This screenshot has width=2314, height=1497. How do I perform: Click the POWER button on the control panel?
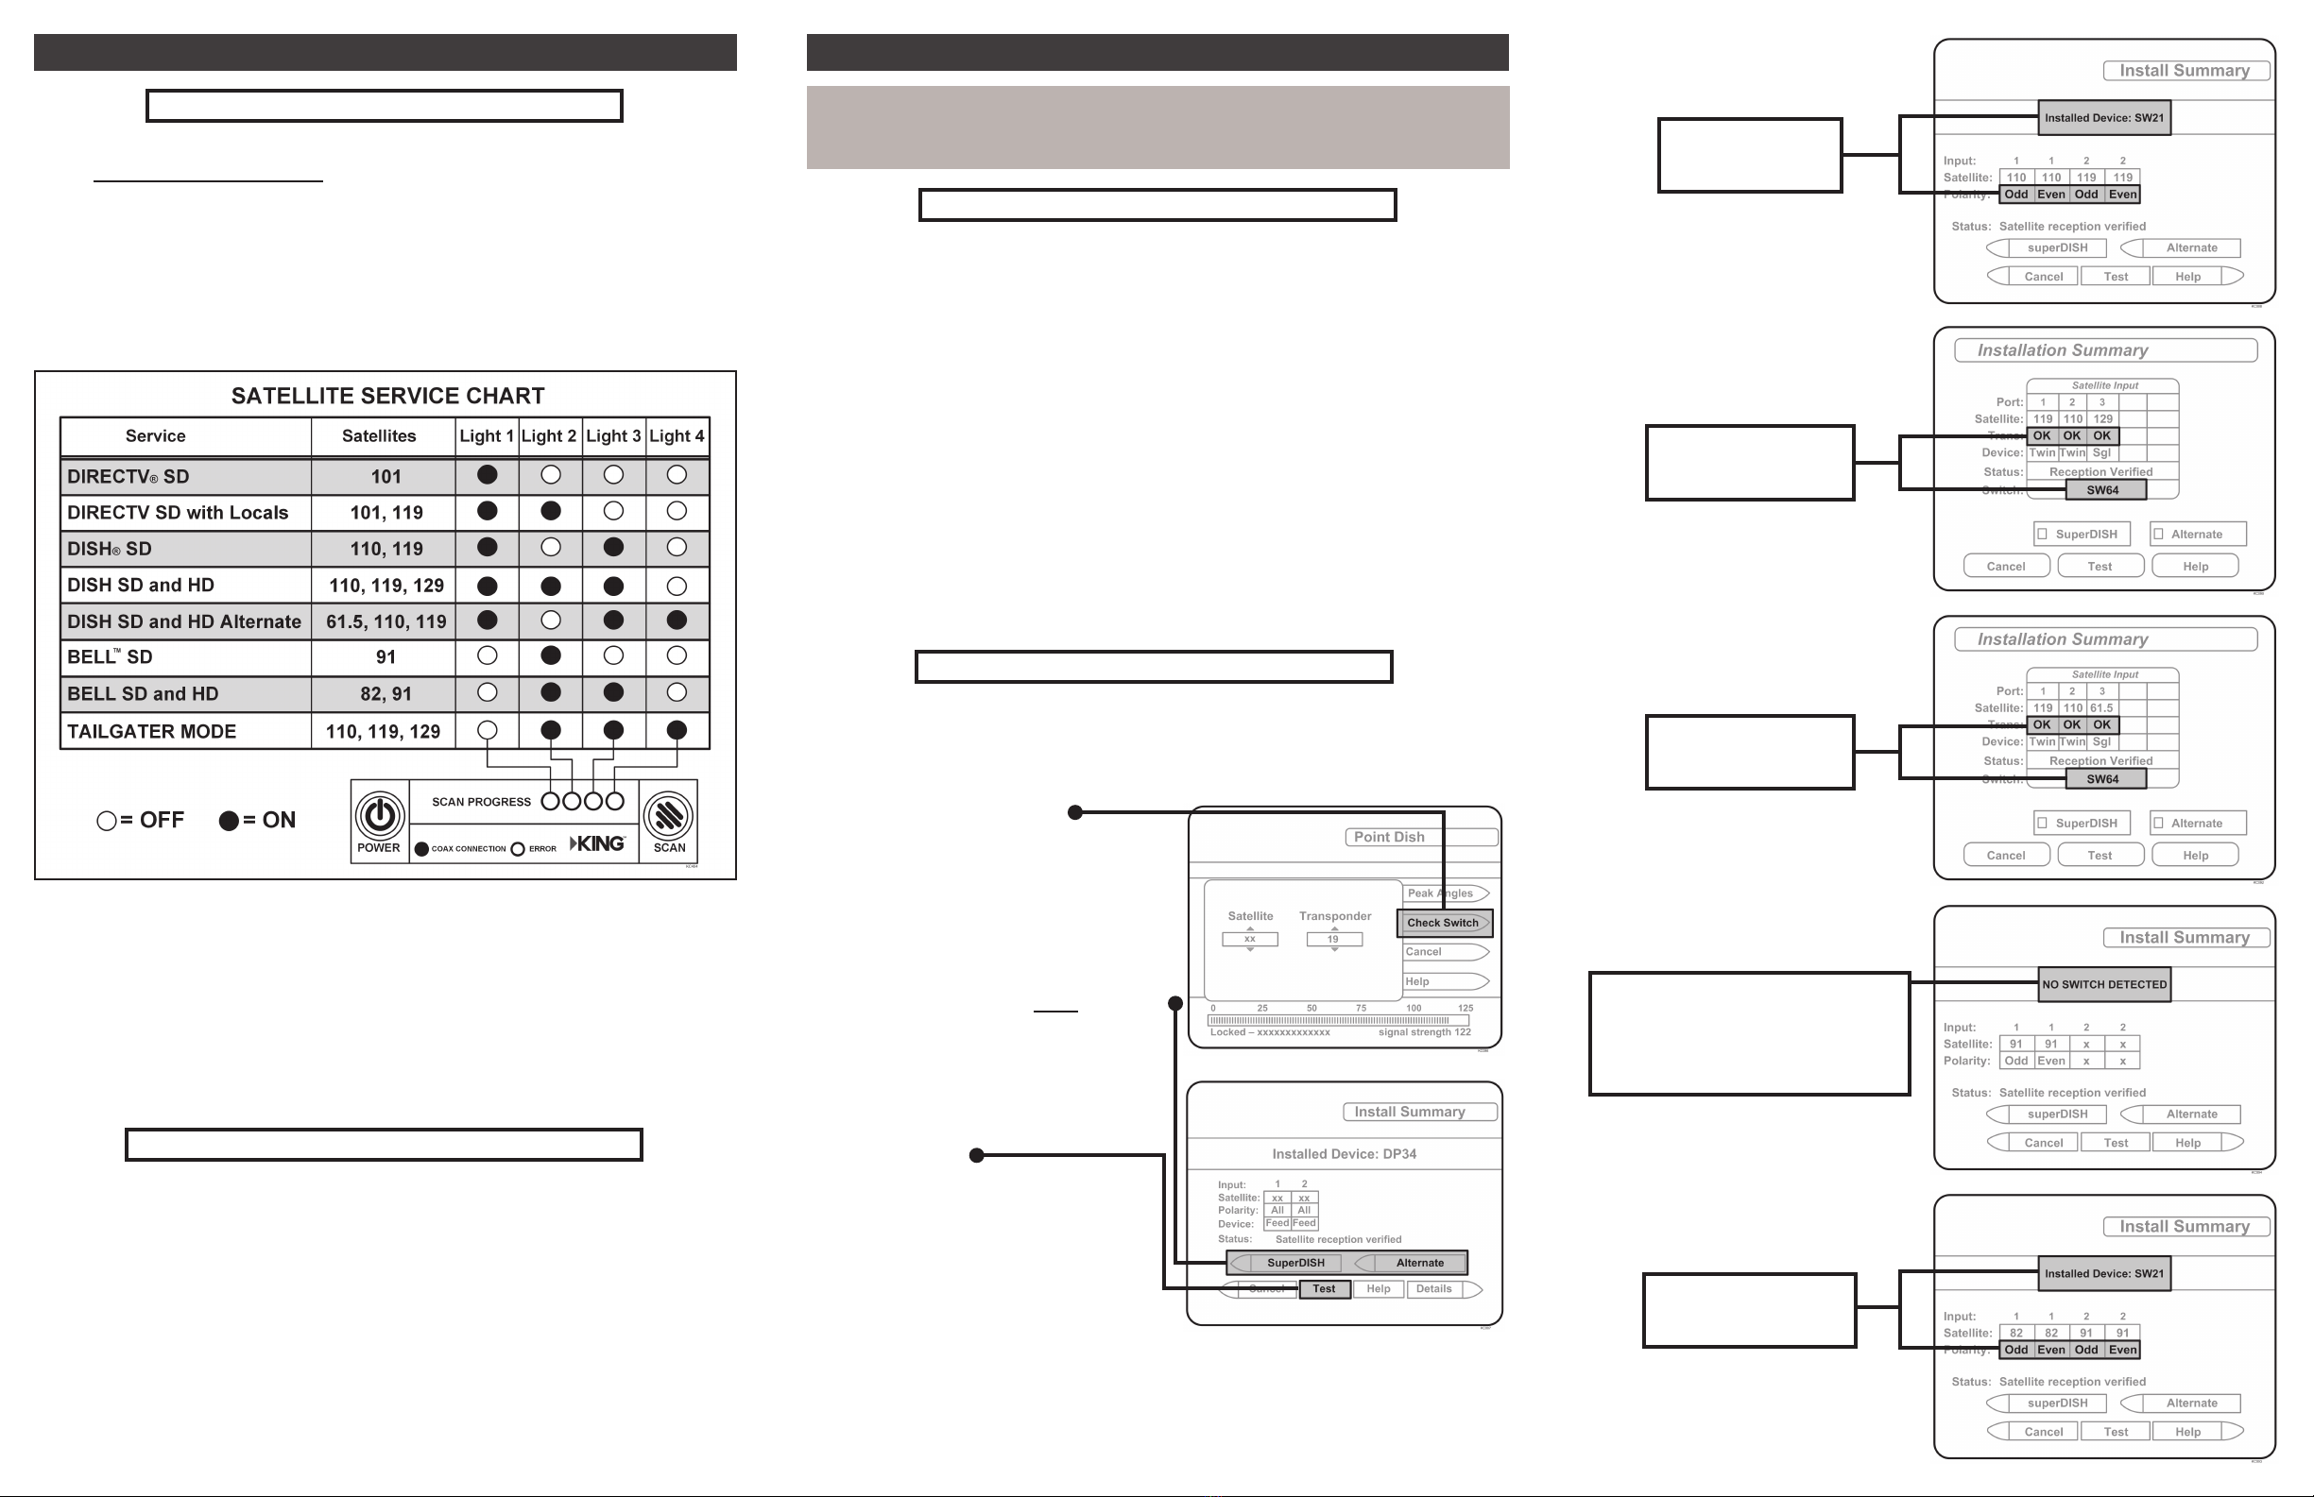(379, 817)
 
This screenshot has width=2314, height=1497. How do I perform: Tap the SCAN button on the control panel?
(669, 817)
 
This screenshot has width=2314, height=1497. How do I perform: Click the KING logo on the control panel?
(598, 843)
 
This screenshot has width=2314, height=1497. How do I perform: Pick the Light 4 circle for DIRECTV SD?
(677, 475)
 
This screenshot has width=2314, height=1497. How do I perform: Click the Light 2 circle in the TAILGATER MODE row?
(550, 730)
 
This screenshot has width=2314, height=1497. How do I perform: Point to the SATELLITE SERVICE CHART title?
(387, 396)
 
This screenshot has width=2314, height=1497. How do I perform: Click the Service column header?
(156, 436)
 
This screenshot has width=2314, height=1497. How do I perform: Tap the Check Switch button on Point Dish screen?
(1443, 923)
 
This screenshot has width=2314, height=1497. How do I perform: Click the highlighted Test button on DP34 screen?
(1323, 1289)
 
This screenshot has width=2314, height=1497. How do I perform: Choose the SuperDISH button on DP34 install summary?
(1295, 1263)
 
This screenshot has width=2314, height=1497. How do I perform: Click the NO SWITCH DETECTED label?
(2104, 984)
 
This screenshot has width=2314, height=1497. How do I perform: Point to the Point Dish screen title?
(1388, 837)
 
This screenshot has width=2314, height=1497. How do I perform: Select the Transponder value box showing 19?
(1333, 939)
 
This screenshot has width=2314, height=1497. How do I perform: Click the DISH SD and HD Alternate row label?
(183, 621)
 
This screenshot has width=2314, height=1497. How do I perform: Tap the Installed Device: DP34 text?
(1344, 1154)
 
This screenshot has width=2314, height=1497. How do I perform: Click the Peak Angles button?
(1441, 893)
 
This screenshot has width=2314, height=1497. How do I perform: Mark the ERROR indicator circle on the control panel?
(518, 849)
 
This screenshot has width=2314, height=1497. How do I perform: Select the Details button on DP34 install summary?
(1433, 1289)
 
